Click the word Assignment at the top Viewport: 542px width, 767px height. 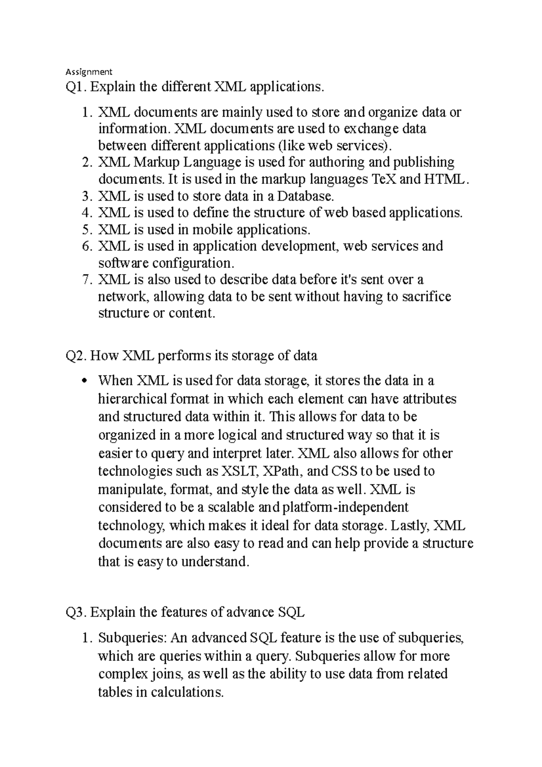tap(89, 71)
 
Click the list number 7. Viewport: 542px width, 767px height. tap(87, 280)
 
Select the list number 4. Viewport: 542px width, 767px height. tap(87, 213)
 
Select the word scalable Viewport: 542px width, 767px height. tap(230, 508)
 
